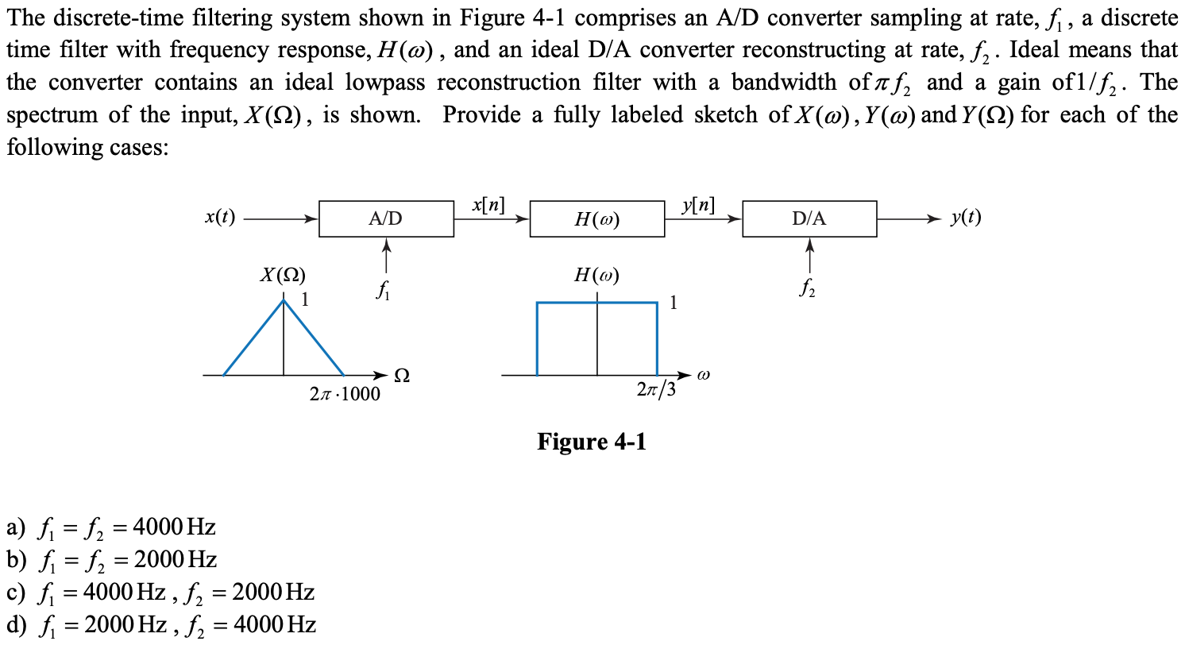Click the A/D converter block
point(386,219)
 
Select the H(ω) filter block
point(596,220)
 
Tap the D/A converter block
point(809,219)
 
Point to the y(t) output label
point(965,218)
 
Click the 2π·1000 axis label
point(343,393)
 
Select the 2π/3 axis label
point(656,391)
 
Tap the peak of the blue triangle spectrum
point(284,300)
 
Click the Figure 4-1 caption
point(592,441)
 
